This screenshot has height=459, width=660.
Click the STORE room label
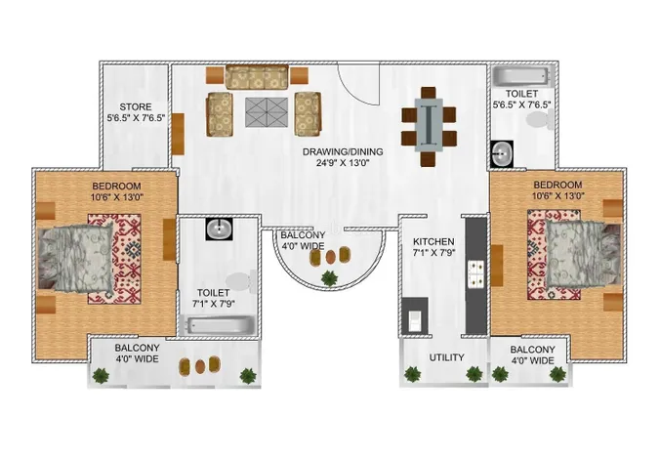tap(136, 107)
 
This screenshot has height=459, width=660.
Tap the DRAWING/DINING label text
tap(343, 151)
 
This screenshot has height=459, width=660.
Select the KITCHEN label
tap(433, 242)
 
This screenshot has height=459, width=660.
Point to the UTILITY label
tap(446, 357)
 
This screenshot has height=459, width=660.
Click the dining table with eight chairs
tap(429, 126)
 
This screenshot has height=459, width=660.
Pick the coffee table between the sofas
tap(267, 112)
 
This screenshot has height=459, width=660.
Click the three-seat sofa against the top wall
tap(257, 76)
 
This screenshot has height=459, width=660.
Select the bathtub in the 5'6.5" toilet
tap(522, 77)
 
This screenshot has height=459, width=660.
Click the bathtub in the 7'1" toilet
tap(221, 325)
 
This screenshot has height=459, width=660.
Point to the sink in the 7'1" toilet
tap(219, 229)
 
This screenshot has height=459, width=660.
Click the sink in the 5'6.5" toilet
tap(502, 154)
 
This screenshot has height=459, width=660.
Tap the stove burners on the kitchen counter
tap(476, 274)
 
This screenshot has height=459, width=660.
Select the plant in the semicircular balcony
tap(329, 278)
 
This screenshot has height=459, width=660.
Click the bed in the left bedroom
tap(76, 257)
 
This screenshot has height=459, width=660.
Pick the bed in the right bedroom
tap(583, 254)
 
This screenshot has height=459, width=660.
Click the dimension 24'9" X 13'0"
tap(343, 163)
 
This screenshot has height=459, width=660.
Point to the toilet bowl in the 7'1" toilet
tap(240, 282)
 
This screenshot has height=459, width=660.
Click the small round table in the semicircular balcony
tap(331, 257)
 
